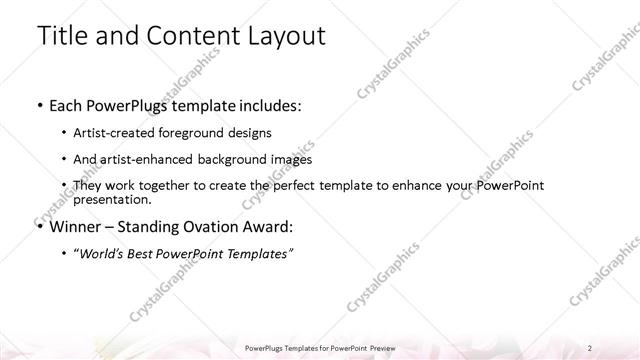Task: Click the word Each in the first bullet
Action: [66, 104]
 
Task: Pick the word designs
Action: [248, 132]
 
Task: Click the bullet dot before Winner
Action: [39, 227]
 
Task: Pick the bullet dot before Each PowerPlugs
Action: [39, 105]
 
